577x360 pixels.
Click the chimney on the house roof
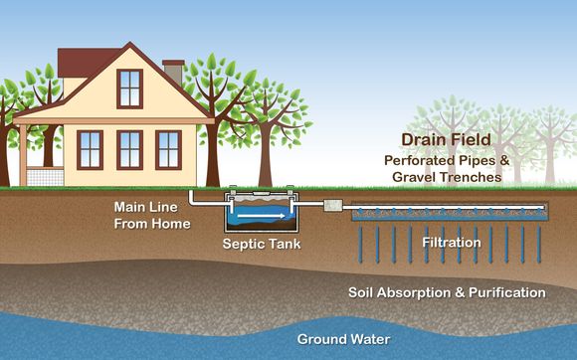coord(172,73)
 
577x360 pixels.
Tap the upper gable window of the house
coord(129,88)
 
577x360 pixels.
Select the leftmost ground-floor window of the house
coord(91,149)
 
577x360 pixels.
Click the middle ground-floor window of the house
coord(130,149)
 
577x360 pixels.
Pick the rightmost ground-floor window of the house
coord(168,149)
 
